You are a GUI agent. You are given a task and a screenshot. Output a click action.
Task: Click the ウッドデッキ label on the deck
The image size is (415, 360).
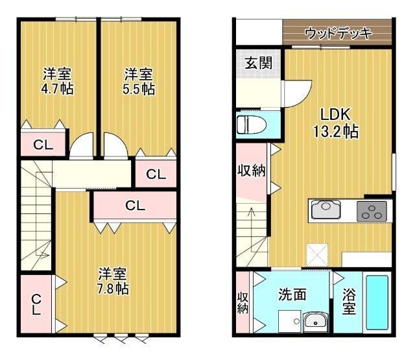click(337, 32)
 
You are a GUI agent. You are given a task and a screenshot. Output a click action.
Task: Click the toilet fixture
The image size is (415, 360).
click(250, 124)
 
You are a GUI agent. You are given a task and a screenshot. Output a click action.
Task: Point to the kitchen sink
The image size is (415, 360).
click(324, 210)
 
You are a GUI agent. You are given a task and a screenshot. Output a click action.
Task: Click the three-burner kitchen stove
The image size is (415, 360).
click(372, 211)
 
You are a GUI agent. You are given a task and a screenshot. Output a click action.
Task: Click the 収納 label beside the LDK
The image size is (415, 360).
click(251, 171)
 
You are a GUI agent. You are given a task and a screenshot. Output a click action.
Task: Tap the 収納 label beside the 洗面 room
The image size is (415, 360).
click(243, 302)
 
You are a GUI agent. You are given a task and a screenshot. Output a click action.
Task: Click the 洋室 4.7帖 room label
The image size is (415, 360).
click(57, 81)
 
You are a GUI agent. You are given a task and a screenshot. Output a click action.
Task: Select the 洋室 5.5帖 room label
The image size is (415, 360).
click(139, 81)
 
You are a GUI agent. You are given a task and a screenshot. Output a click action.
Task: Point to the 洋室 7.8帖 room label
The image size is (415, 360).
click(113, 281)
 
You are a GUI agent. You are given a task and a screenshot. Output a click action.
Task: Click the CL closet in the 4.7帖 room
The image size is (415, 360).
click(43, 145)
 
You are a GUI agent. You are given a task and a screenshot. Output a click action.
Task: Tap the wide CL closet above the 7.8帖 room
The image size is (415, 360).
click(135, 206)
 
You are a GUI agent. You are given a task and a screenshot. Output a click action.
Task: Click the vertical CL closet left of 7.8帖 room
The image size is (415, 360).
click(37, 304)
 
